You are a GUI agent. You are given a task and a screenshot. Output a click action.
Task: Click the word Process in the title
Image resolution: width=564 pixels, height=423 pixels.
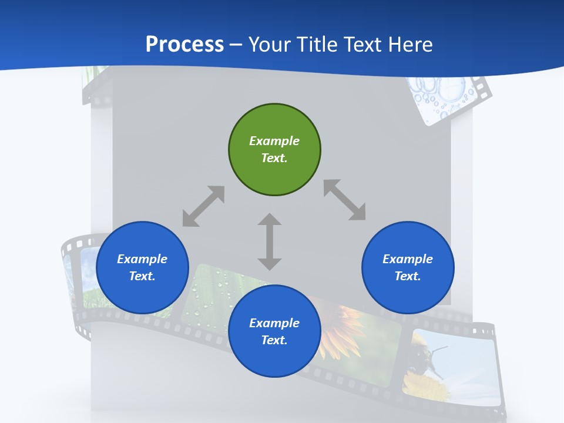[x=184, y=45]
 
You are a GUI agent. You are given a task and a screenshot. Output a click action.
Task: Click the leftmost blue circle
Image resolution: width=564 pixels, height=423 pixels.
[x=142, y=268]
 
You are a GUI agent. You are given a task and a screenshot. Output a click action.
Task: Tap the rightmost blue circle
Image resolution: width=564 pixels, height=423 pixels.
[x=408, y=268]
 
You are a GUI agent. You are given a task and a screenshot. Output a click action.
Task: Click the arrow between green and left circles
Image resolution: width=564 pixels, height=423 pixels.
[x=203, y=206]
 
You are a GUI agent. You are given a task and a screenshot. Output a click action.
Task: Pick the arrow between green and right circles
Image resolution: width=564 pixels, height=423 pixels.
[x=344, y=200]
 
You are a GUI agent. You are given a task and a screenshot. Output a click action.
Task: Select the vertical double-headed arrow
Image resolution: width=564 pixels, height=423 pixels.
[x=270, y=241]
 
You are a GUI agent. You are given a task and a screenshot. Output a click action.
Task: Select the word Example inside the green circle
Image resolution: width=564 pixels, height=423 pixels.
[x=274, y=141]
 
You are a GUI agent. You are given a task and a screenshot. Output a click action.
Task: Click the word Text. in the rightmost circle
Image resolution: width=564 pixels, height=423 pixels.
[x=407, y=276]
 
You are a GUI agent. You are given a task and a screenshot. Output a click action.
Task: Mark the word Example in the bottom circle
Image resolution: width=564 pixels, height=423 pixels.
[x=274, y=323]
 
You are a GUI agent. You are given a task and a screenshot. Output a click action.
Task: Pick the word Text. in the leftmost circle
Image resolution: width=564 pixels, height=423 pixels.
[x=142, y=276]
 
